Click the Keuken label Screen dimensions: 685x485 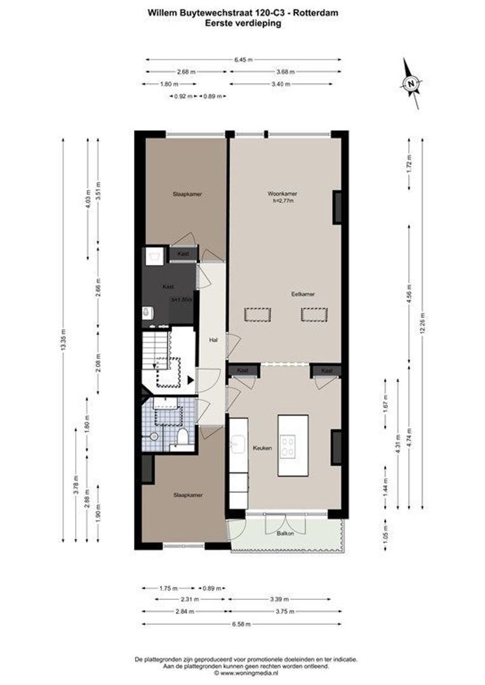pos(262,448)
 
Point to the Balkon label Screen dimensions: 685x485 pos(285,534)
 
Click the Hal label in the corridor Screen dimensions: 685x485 pos(214,340)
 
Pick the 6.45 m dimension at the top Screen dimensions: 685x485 pos(243,60)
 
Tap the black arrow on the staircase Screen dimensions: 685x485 pos(189,380)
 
